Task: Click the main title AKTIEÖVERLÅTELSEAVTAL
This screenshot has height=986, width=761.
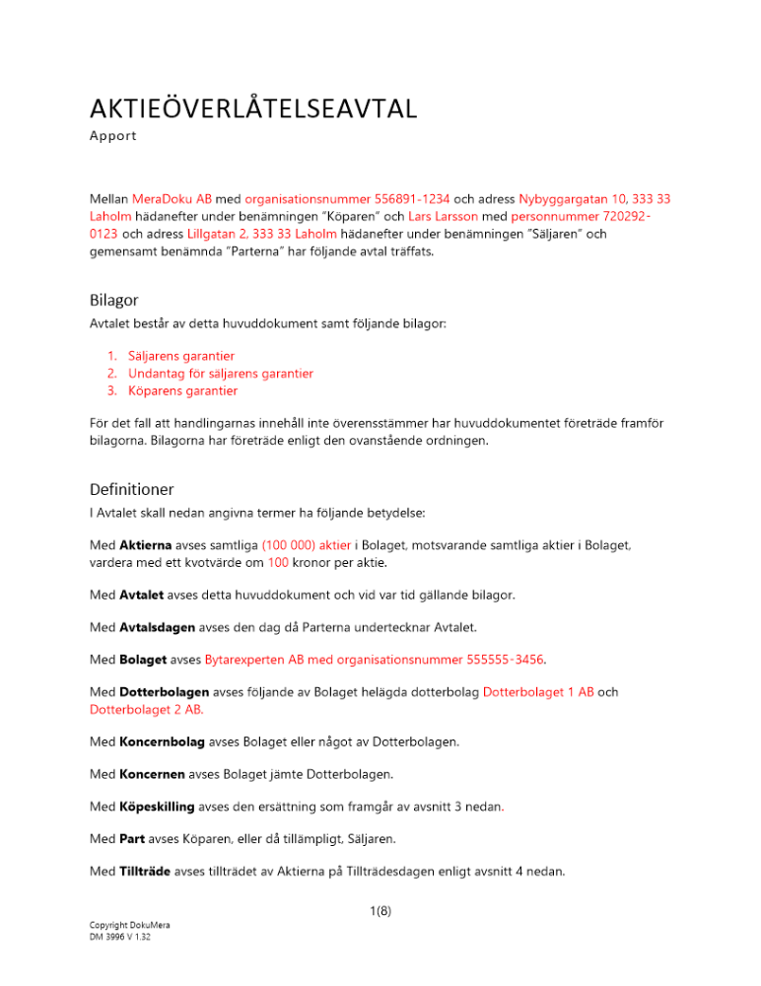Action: (252, 107)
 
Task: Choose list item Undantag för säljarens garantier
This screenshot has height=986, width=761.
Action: (221, 373)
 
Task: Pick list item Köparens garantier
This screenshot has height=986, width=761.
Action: (182, 390)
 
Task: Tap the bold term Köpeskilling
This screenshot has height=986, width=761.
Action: (157, 807)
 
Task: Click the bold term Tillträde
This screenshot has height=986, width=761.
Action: (147, 871)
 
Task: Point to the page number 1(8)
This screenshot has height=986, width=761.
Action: (380, 912)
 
